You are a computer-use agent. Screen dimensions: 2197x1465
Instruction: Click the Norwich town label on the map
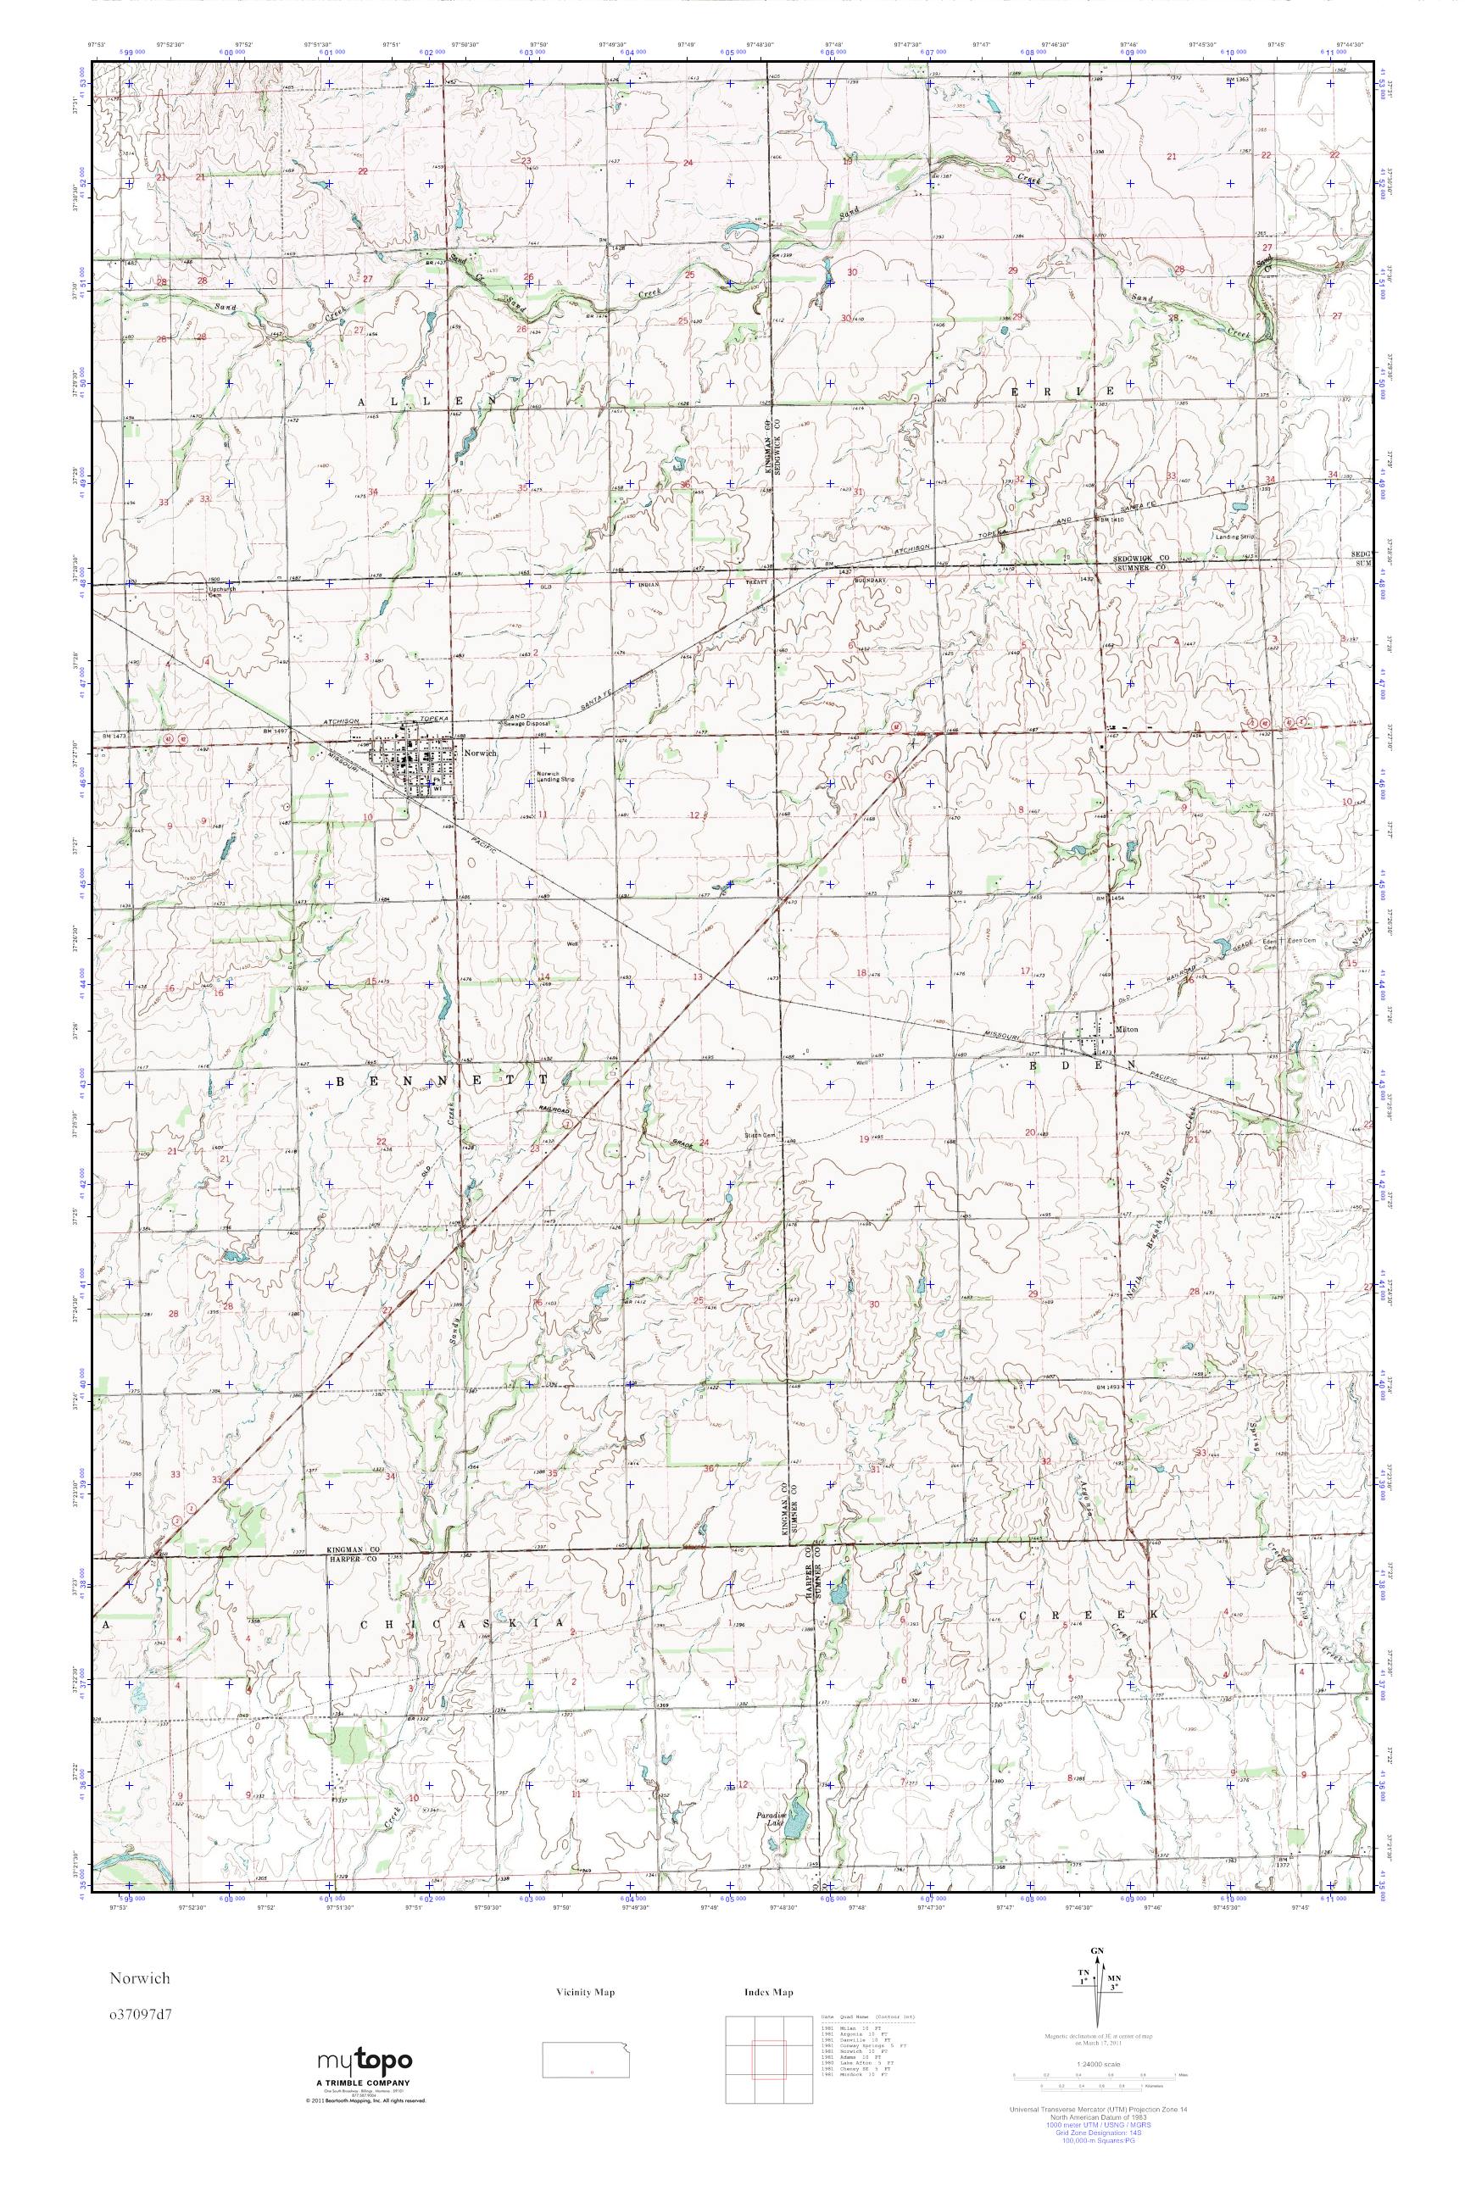click(x=473, y=751)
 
